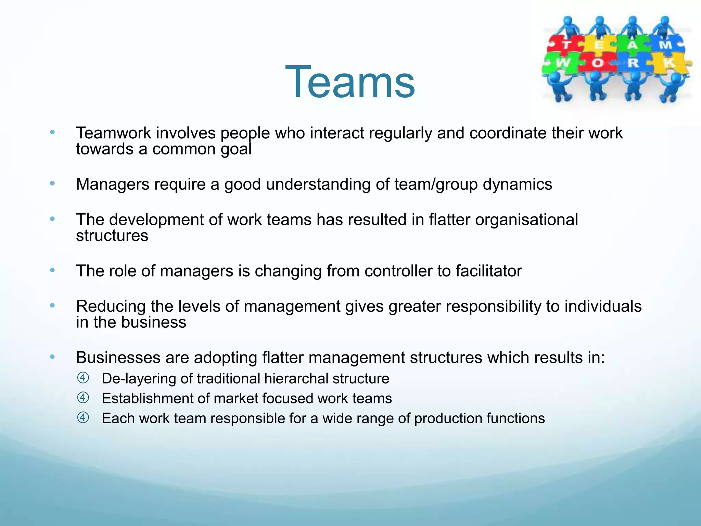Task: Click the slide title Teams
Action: point(350,82)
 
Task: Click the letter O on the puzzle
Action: point(598,63)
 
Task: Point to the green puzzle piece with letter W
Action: point(563,63)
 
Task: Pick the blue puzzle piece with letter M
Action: point(665,45)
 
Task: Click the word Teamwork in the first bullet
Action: point(113,133)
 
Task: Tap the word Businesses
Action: point(118,358)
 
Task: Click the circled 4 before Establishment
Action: point(83,398)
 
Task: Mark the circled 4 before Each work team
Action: point(83,418)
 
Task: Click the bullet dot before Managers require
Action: point(52,184)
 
